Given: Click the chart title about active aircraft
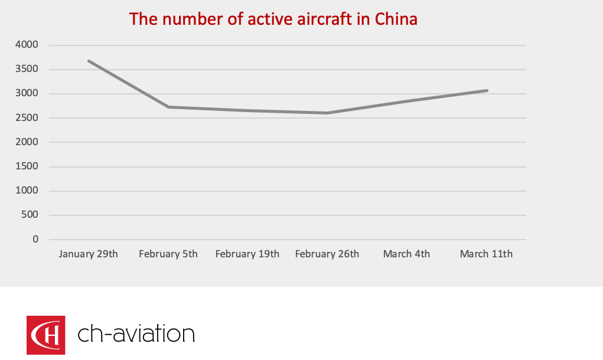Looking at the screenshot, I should (x=273, y=19).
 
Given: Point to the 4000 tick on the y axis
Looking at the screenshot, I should (x=27, y=45).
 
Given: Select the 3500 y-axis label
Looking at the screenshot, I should (x=27, y=69).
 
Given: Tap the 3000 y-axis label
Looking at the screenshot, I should (x=27, y=93).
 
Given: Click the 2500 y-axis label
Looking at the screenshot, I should (x=27, y=118).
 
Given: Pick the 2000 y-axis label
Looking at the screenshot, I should (x=27, y=142).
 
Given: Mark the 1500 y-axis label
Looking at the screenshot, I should (x=27, y=166).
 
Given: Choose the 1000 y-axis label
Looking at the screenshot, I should (x=27, y=191).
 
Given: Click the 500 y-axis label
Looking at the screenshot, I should (x=30, y=215).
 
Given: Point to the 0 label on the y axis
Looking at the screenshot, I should (x=35, y=239).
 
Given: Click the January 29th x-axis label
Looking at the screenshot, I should (x=89, y=254).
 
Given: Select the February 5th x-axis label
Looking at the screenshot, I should (x=168, y=254).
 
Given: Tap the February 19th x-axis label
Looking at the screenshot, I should (x=247, y=254).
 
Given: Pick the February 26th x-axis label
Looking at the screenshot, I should (x=327, y=254).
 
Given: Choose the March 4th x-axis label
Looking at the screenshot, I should (x=406, y=254).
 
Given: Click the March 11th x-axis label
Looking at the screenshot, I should (x=486, y=254).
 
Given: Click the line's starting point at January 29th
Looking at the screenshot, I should (x=89, y=61).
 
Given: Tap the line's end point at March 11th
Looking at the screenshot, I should (x=487, y=90).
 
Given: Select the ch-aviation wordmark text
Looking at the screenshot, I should (x=136, y=335).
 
